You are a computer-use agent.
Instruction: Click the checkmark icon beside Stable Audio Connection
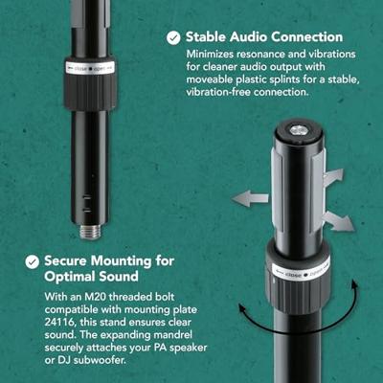173,38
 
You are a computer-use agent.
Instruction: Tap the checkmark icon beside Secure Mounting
33,262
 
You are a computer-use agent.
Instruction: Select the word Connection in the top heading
307,36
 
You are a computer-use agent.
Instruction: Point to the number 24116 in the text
59,322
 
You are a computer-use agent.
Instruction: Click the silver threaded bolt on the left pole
91,232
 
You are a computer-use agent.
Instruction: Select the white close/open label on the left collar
90,68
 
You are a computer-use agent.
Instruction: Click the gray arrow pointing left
250,198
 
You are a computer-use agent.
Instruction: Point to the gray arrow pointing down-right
337,221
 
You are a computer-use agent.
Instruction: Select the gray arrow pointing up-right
334,176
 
